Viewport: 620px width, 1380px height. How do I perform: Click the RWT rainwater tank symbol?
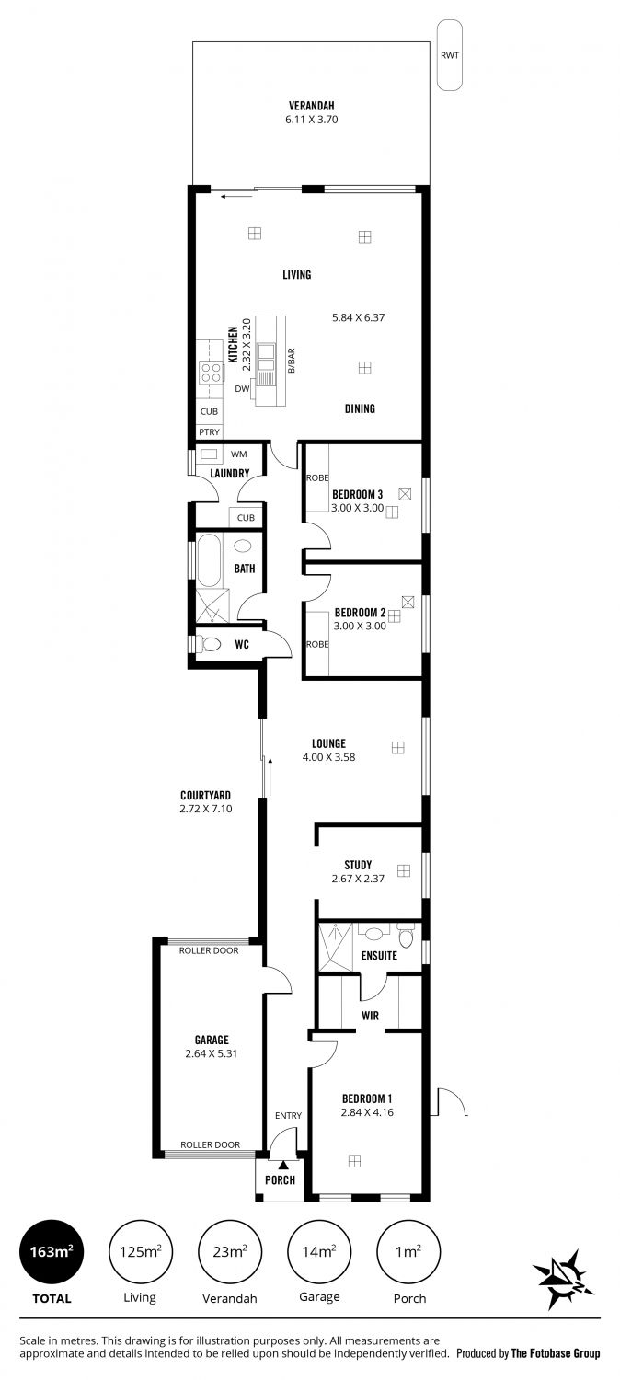(x=450, y=55)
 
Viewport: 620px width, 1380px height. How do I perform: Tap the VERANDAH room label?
(x=312, y=106)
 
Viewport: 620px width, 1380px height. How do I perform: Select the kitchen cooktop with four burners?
(x=211, y=372)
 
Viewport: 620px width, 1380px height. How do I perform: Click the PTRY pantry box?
(x=210, y=431)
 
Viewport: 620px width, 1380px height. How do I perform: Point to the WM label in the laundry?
(x=239, y=454)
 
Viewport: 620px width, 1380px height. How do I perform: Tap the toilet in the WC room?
(x=210, y=644)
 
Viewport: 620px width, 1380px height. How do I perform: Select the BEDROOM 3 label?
(x=357, y=494)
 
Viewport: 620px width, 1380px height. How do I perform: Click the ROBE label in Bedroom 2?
(x=317, y=644)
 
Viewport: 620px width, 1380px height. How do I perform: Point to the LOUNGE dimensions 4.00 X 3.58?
(x=328, y=757)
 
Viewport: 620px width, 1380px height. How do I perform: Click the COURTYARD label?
(x=206, y=796)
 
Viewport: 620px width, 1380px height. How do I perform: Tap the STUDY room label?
(x=358, y=865)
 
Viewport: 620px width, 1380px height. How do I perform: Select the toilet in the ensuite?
(x=406, y=937)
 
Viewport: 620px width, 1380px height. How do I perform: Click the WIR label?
(x=370, y=1016)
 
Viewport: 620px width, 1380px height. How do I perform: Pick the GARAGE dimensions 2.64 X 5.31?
(x=212, y=1053)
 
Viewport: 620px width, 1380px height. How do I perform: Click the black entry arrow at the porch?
(x=282, y=1165)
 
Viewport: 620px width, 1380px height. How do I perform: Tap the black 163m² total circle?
(x=52, y=1252)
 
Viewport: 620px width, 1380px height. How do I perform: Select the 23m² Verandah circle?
(x=230, y=1252)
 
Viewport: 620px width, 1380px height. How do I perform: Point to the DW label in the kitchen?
(x=242, y=389)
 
